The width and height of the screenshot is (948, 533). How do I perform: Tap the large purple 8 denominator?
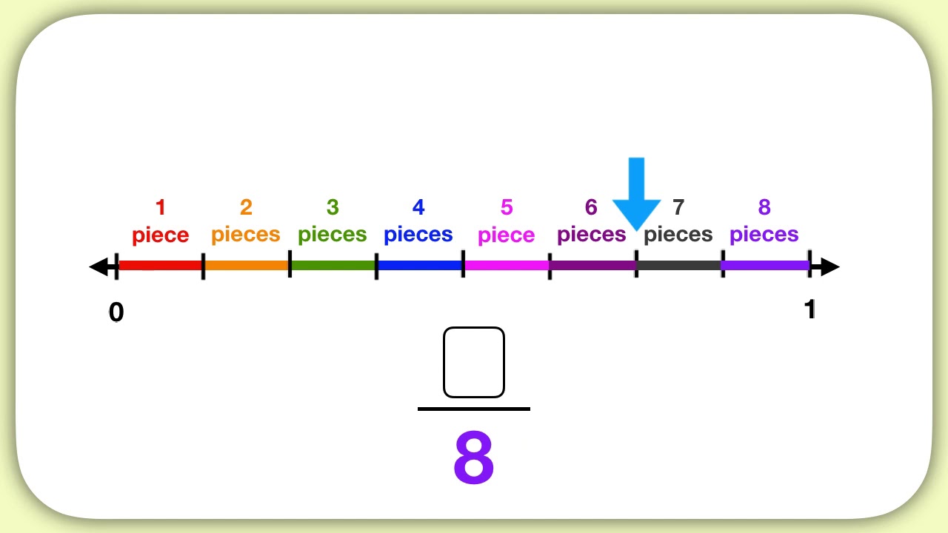click(x=474, y=457)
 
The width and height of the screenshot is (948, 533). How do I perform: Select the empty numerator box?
click(x=474, y=363)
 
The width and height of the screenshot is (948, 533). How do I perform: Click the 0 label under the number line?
click(x=116, y=313)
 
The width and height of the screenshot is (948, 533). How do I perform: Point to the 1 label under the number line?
click(x=810, y=309)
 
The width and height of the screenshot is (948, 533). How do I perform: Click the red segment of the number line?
click(x=160, y=265)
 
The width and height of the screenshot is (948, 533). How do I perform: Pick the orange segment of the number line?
click(x=246, y=265)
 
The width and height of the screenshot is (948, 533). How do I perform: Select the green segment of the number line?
click(x=333, y=265)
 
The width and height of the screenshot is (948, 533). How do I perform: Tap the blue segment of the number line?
click(x=419, y=265)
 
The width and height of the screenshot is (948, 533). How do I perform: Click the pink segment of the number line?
click(x=507, y=265)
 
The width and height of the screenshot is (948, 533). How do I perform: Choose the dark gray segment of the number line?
click(x=678, y=265)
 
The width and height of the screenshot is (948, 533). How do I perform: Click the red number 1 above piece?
click(x=160, y=208)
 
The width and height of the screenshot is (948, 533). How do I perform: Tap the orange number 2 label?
click(x=246, y=208)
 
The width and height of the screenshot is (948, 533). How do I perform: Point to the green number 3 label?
click(x=333, y=208)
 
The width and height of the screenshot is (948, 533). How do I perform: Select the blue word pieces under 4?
click(x=418, y=235)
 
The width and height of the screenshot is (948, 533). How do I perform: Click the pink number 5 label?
click(x=507, y=208)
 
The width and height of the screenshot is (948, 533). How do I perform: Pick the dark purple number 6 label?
click(x=591, y=208)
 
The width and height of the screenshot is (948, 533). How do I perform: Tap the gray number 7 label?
click(x=678, y=208)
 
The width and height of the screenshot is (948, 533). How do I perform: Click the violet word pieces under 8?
click(x=764, y=235)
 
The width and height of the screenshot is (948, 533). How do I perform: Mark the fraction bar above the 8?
click(x=474, y=409)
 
